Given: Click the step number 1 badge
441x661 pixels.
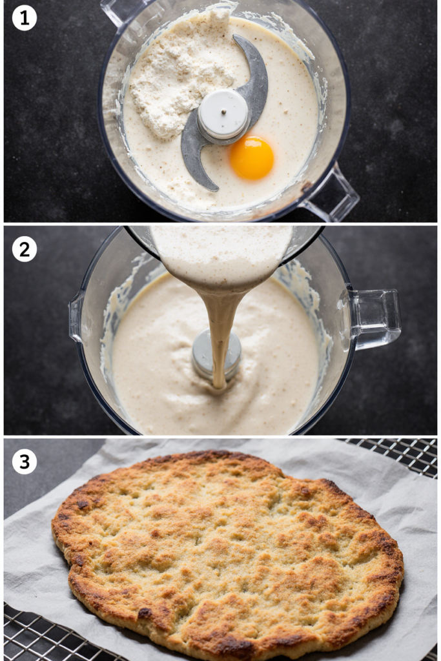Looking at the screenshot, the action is (25, 18).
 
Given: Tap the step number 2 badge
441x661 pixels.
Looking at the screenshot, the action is (25, 249).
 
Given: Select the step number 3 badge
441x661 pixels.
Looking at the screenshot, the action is (25, 462).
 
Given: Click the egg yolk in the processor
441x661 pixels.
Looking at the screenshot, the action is (252, 158).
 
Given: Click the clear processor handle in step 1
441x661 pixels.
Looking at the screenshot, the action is (331, 194).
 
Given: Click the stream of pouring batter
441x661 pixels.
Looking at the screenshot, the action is (221, 333).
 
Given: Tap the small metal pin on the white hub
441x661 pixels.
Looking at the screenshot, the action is (223, 112).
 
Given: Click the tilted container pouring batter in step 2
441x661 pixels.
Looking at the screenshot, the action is (223, 253).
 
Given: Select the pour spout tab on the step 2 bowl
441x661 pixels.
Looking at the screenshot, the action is (76, 316).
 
